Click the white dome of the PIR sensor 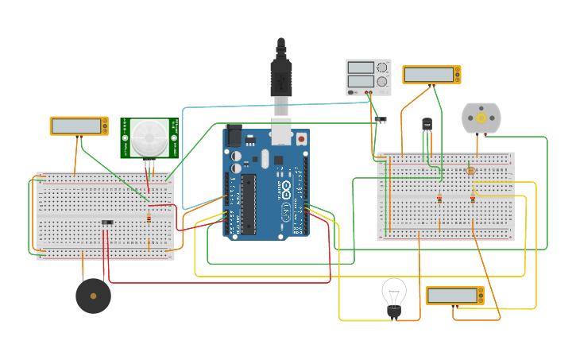point(149,137)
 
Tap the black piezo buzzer point(93,296)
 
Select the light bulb point(393,296)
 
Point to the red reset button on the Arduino point(301,139)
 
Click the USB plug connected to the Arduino point(280,75)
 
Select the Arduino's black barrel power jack point(234,135)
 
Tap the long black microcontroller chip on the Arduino point(249,203)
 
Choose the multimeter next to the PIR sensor point(79,126)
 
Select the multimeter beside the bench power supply point(431,75)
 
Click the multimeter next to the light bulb point(454,296)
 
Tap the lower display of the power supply point(361,81)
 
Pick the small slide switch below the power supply point(381,119)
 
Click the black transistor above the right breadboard point(427,125)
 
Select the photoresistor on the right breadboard point(470,170)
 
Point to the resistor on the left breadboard point(149,218)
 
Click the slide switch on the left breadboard point(106,222)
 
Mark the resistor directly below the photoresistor point(472,199)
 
